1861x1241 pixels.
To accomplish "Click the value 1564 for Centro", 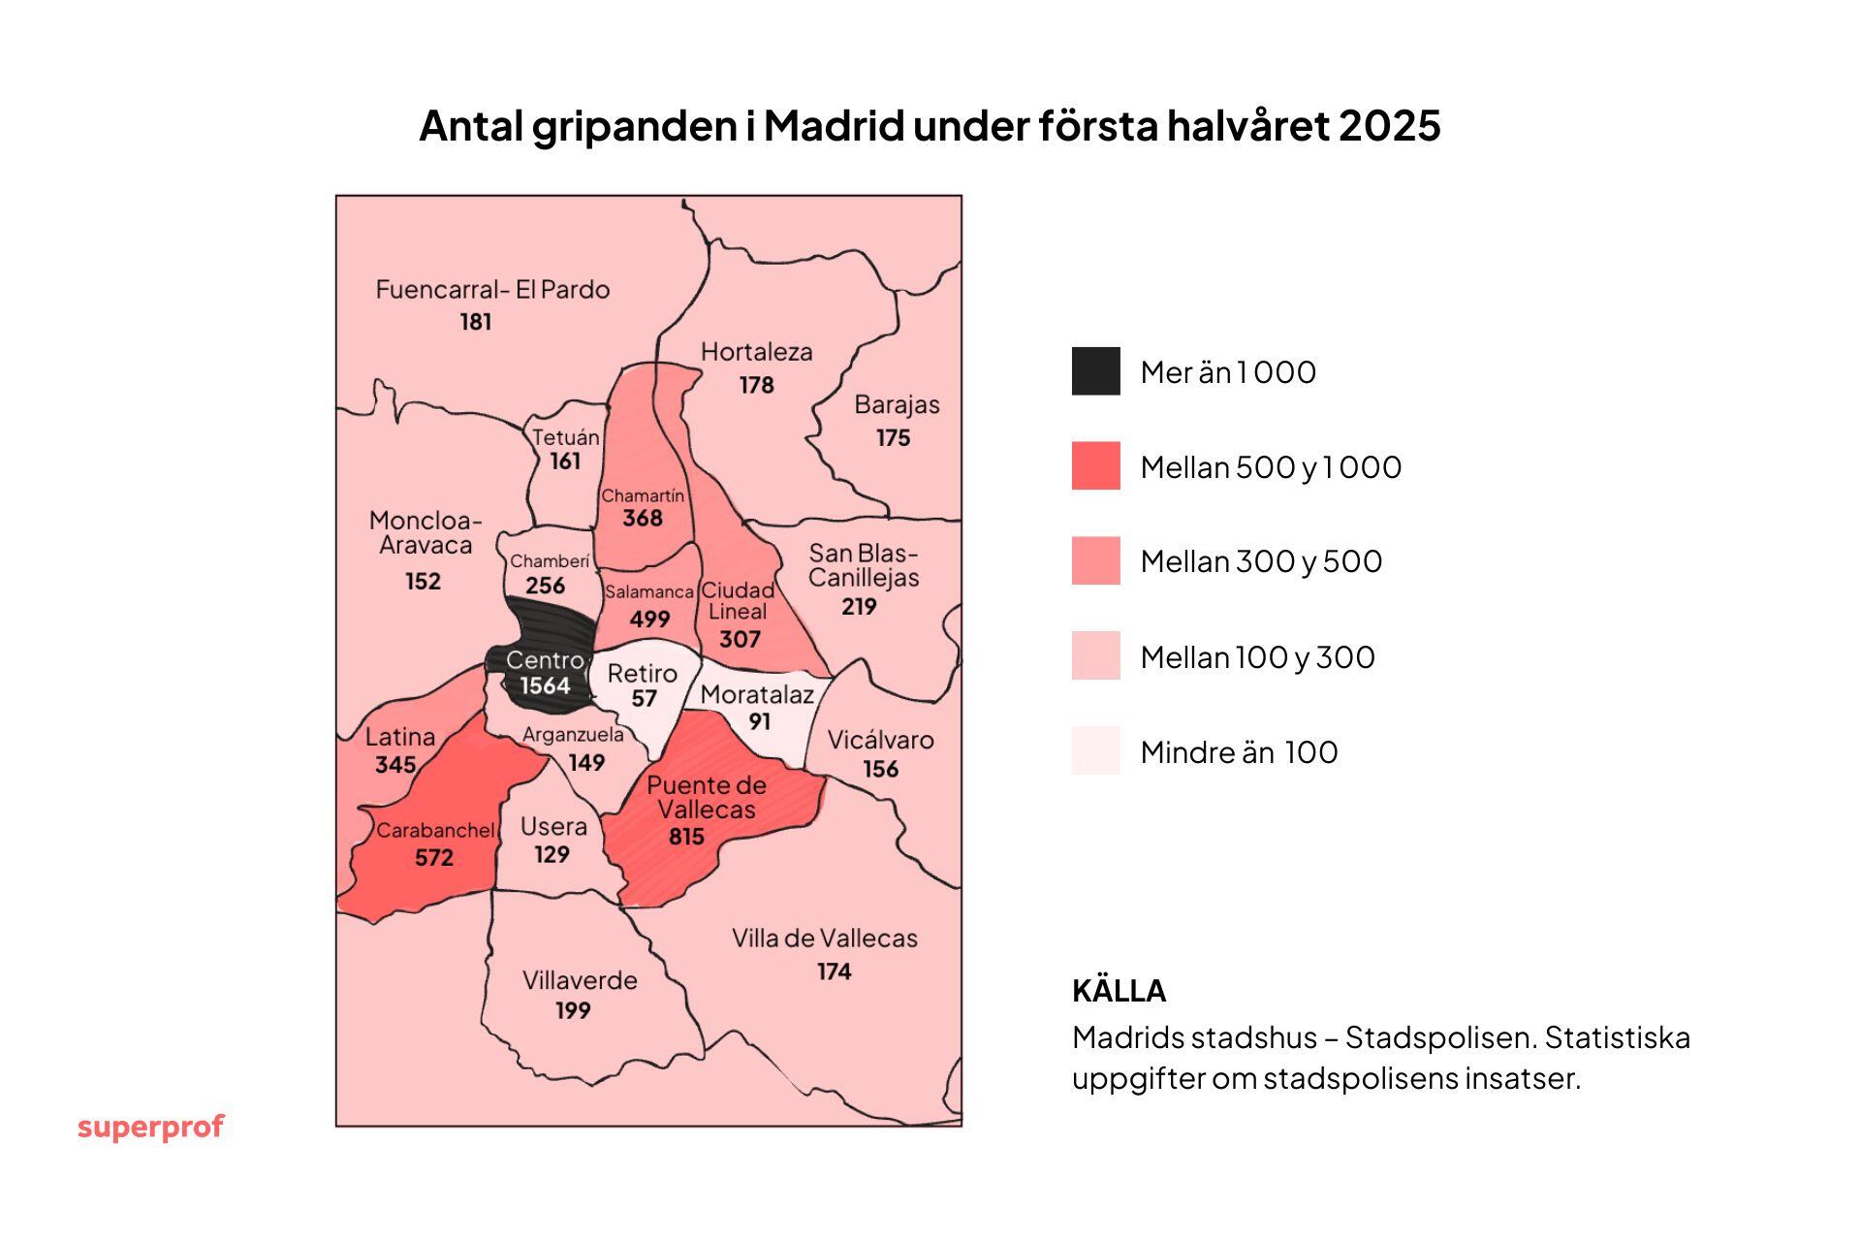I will pyautogui.click(x=545, y=686).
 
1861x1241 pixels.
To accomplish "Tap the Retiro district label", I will pyautogui.click(x=643, y=673).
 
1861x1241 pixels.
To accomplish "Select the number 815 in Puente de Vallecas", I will pyautogui.click(x=686, y=836).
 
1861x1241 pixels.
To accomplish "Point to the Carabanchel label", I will pyautogui.click(x=435, y=831).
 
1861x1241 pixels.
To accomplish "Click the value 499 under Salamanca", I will pyautogui.click(x=649, y=619).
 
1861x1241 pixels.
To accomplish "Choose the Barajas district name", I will pyautogui.click(x=897, y=404).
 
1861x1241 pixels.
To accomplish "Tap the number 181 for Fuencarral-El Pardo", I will pyautogui.click(x=476, y=322).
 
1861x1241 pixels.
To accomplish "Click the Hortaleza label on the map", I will pyautogui.click(x=756, y=352).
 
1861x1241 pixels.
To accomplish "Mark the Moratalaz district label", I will pyautogui.click(x=757, y=694).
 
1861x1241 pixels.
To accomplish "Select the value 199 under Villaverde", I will pyautogui.click(x=573, y=1010).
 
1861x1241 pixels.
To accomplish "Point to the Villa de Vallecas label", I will pyautogui.click(x=824, y=939).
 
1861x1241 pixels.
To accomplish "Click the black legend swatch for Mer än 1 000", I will pyautogui.click(x=1095, y=371).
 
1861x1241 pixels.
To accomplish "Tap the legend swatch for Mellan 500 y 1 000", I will pyautogui.click(x=1095, y=466).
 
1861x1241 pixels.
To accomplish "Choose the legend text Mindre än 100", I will pyautogui.click(x=1239, y=752).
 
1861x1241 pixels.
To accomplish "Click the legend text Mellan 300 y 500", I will pyautogui.click(x=1261, y=561).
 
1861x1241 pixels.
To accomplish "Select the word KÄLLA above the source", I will pyautogui.click(x=1119, y=991).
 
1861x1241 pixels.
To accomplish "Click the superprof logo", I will pyautogui.click(x=150, y=1127).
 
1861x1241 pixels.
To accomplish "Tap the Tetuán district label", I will pyautogui.click(x=566, y=437).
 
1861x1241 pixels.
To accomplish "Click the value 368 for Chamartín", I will pyautogui.click(x=643, y=519).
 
